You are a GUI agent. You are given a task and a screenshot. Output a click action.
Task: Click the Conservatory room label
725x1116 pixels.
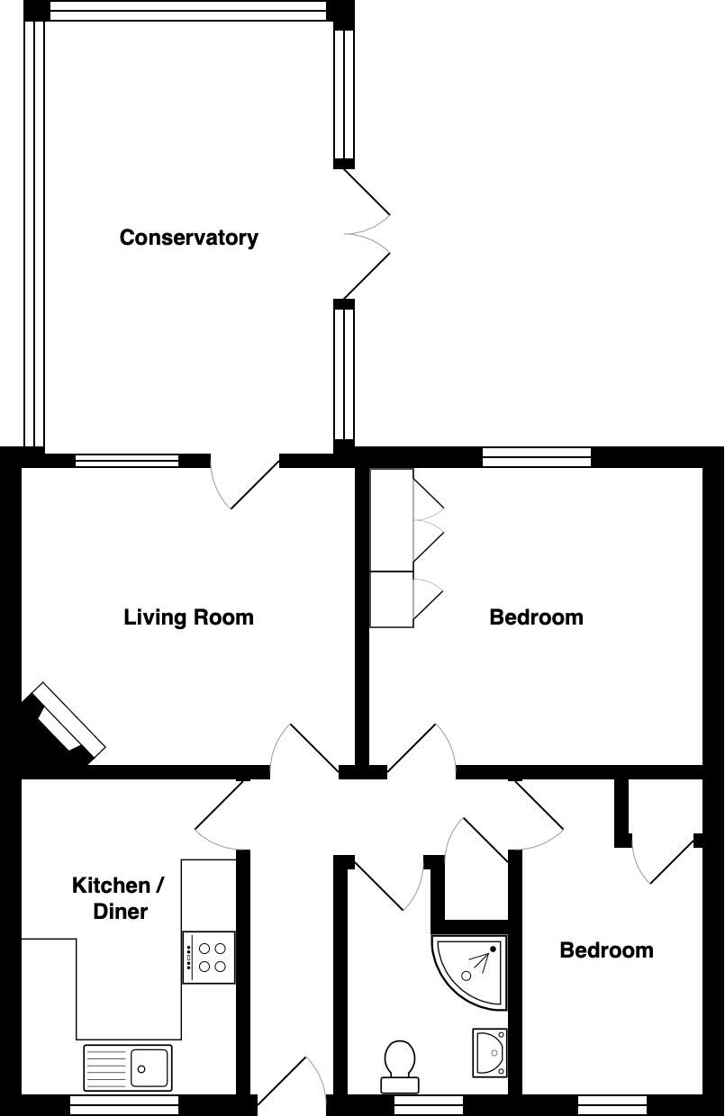click(189, 238)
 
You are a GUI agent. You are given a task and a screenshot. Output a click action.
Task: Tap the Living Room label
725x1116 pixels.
click(188, 617)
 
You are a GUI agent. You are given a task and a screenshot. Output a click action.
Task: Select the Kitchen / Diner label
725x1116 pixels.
click(118, 898)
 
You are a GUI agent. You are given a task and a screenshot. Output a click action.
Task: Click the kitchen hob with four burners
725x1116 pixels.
click(209, 958)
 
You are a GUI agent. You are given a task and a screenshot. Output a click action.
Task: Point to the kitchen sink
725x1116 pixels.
click(128, 1067)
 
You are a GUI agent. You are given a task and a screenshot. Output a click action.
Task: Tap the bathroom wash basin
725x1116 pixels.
click(491, 1052)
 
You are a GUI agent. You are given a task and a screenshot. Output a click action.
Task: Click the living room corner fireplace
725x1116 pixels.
click(65, 724)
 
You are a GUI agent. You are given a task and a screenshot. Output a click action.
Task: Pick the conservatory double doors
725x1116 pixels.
click(365, 234)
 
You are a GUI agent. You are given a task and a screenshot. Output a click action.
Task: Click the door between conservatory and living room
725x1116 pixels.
click(245, 481)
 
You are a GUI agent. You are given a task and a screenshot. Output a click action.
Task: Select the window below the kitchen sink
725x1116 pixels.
click(124, 1104)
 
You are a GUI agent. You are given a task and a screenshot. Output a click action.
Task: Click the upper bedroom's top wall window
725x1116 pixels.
click(537, 457)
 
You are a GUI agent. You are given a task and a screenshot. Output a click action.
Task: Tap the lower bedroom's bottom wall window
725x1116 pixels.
click(612, 1104)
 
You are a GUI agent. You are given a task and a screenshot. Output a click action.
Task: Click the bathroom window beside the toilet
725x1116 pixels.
click(429, 1104)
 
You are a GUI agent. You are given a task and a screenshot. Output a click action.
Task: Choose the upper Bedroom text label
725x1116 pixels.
click(536, 617)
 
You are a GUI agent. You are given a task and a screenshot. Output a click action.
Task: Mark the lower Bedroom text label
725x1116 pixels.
click(606, 950)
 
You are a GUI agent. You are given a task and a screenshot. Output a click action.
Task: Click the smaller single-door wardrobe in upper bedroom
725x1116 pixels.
click(392, 599)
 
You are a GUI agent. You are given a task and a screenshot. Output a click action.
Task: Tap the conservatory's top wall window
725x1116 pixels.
click(188, 11)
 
